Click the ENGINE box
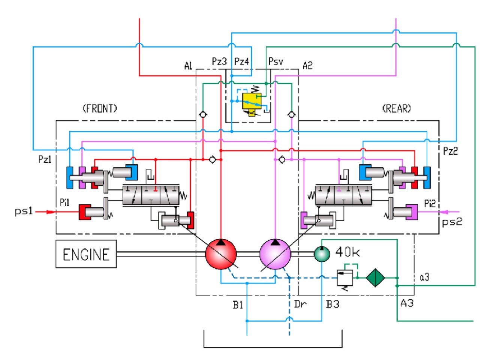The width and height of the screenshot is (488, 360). point(86,254)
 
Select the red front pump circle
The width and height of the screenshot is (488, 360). point(221,254)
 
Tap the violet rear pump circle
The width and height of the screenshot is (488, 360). point(275,254)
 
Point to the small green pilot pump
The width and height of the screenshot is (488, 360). point(322,253)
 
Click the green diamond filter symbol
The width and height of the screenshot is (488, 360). point(375,277)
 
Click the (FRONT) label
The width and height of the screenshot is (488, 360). point(100,108)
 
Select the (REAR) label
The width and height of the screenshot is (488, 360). point(397,108)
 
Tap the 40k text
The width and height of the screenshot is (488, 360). point(347,252)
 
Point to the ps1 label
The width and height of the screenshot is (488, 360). point(24,211)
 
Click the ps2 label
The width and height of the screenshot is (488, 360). point(452,222)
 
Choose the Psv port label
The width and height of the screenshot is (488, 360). point(275,61)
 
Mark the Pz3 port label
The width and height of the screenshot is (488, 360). point(219,61)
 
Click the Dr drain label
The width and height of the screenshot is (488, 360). point(301,304)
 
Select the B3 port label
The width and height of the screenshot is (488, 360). point(333,304)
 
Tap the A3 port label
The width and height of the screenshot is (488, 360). point(407,303)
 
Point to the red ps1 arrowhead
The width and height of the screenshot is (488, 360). point(51,212)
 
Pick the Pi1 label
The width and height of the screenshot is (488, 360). point(65,202)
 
